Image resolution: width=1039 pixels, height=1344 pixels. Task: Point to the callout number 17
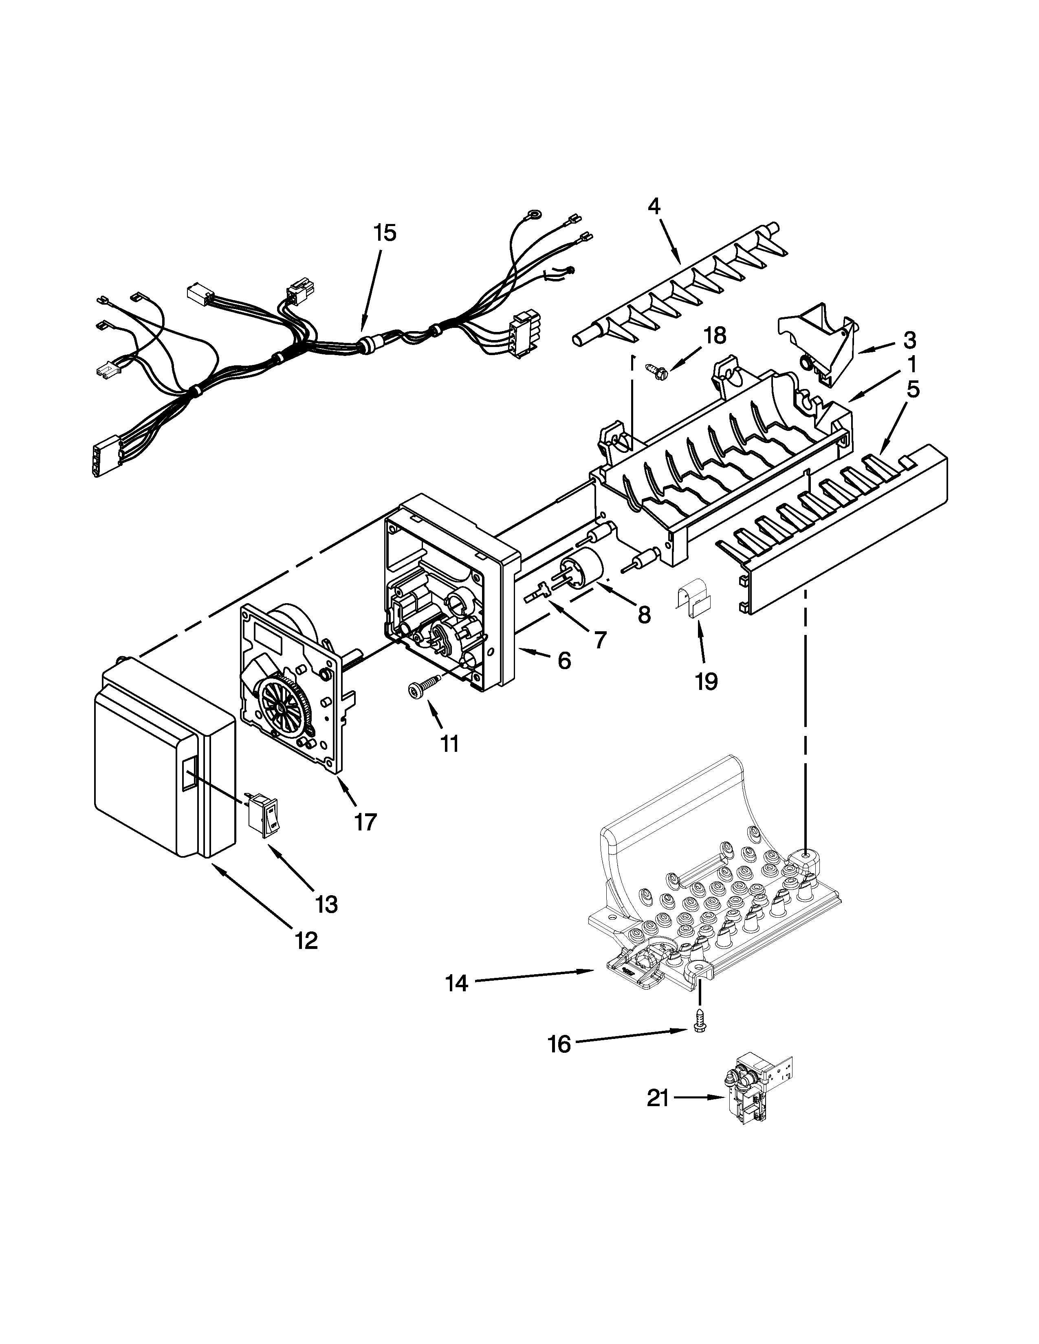tap(365, 822)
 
